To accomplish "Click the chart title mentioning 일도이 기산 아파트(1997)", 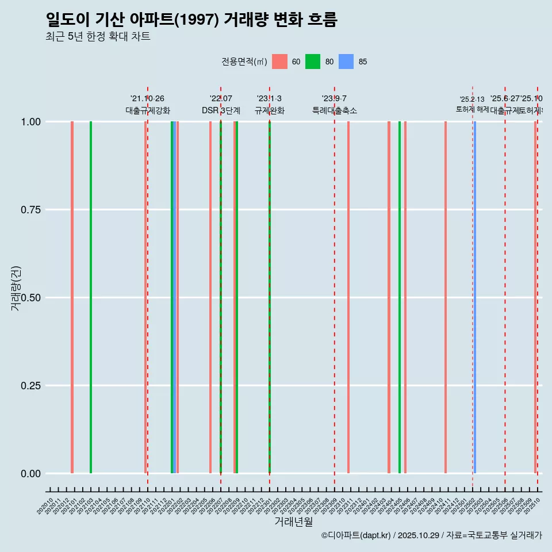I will pyautogui.click(x=191, y=20).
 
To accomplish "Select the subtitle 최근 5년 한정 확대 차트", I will pyautogui.click(x=98, y=37).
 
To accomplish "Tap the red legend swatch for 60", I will pyautogui.click(x=279, y=62).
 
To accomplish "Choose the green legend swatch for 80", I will pyautogui.click(x=313, y=62).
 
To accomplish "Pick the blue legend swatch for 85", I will pyautogui.click(x=346, y=62).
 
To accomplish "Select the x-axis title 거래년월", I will pyautogui.click(x=293, y=522).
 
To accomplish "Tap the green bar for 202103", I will pyautogui.click(x=91, y=297).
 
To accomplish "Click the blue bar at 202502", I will pyautogui.click(x=474, y=297).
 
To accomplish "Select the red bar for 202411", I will pyautogui.click(x=446, y=297).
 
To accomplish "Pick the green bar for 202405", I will pyautogui.click(x=400, y=297).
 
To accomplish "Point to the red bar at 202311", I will pyautogui.click(x=348, y=297).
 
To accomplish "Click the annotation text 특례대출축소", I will pyautogui.click(x=335, y=110).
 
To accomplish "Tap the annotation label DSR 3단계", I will pyautogui.click(x=221, y=110).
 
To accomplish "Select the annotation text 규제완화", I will pyautogui.click(x=270, y=110).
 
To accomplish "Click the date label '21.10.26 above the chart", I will pyautogui.click(x=147, y=99).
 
